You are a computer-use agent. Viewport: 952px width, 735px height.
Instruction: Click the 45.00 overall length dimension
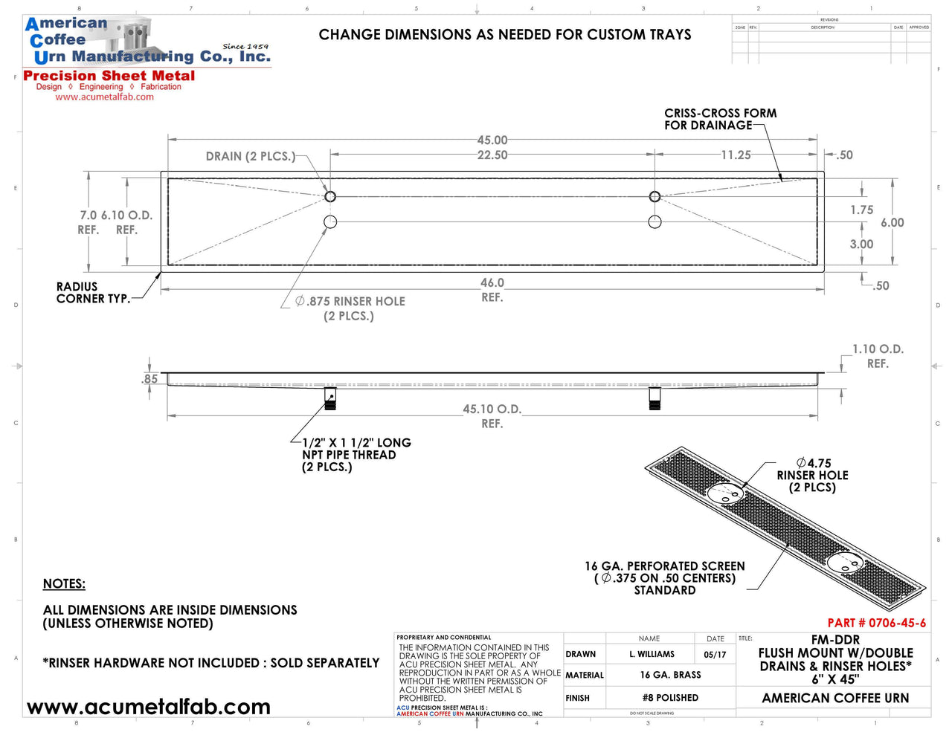click(492, 140)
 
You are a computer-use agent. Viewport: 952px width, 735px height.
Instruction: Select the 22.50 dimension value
click(492, 155)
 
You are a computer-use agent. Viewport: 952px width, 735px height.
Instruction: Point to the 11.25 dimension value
click(735, 155)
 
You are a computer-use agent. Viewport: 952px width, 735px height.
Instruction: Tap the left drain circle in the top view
click(330, 197)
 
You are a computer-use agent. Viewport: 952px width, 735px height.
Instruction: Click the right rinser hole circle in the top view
click(654, 221)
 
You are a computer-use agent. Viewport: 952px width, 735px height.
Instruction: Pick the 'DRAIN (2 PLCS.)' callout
click(250, 156)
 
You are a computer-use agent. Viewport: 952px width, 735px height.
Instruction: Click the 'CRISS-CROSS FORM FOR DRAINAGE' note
click(720, 119)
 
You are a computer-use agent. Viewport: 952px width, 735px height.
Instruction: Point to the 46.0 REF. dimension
click(492, 289)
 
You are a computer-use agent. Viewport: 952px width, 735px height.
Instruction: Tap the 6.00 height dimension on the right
click(892, 222)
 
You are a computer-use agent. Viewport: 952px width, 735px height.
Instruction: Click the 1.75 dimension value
click(861, 210)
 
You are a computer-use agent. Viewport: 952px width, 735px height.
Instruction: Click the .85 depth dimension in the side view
click(149, 379)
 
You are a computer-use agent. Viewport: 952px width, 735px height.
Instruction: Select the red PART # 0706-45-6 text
click(876, 623)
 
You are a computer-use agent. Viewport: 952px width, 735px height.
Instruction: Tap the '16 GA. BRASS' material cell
click(670, 675)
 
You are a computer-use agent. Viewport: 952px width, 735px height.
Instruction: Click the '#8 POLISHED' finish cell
click(670, 698)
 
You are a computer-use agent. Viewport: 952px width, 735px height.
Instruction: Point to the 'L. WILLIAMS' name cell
click(652, 654)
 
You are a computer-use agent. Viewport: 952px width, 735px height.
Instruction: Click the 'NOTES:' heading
click(64, 583)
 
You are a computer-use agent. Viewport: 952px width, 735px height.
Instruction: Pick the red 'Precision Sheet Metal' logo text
click(109, 76)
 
